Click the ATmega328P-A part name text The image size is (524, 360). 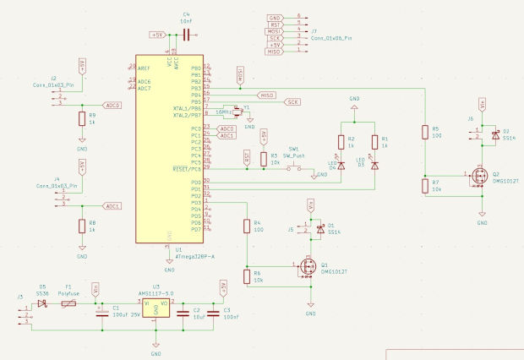click(x=194, y=255)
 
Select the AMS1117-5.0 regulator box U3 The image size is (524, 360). click(x=156, y=309)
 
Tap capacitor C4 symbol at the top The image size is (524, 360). click(x=186, y=35)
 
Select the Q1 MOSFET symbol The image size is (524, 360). click(x=305, y=268)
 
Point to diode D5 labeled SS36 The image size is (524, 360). click(x=42, y=303)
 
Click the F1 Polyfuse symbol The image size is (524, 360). click(x=69, y=303)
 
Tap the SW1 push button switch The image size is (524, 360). click(x=294, y=169)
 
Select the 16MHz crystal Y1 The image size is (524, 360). click(x=237, y=110)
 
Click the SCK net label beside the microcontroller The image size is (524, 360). click(x=292, y=101)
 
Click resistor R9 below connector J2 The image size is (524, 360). click(x=82, y=118)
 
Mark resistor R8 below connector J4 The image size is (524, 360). click(x=82, y=225)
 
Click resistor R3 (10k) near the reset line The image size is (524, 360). click(x=263, y=158)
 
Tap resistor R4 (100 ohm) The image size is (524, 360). click(x=246, y=226)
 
